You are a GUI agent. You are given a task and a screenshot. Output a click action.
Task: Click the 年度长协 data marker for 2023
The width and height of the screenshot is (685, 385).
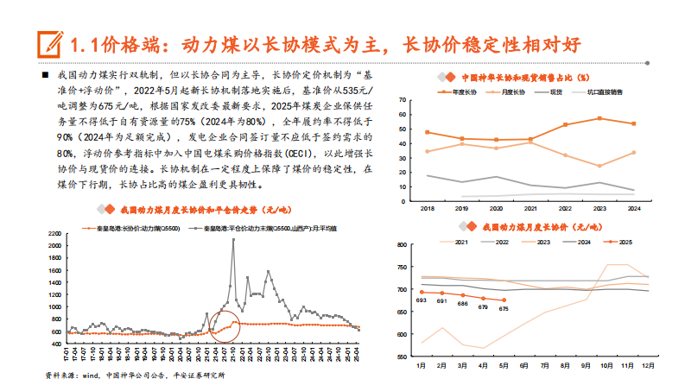click(x=599, y=118)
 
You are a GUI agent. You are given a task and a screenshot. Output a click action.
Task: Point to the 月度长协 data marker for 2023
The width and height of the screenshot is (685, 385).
click(x=599, y=166)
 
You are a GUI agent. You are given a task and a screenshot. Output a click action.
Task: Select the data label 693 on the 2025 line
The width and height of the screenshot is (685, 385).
click(x=421, y=300)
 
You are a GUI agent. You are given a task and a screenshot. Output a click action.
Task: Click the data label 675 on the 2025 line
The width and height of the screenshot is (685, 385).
click(x=504, y=308)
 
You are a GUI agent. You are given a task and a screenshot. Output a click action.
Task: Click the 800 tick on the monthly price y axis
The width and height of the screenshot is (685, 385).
click(x=403, y=244)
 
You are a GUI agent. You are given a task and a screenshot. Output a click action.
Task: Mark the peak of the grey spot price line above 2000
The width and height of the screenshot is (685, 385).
click(x=232, y=240)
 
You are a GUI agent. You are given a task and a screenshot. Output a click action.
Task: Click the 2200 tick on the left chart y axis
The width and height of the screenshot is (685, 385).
click(x=54, y=234)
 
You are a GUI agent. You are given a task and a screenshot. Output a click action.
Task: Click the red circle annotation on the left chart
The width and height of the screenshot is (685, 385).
click(x=226, y=328)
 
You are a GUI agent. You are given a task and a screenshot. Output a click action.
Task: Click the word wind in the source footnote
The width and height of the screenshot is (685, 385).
click(x=92, y=376)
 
